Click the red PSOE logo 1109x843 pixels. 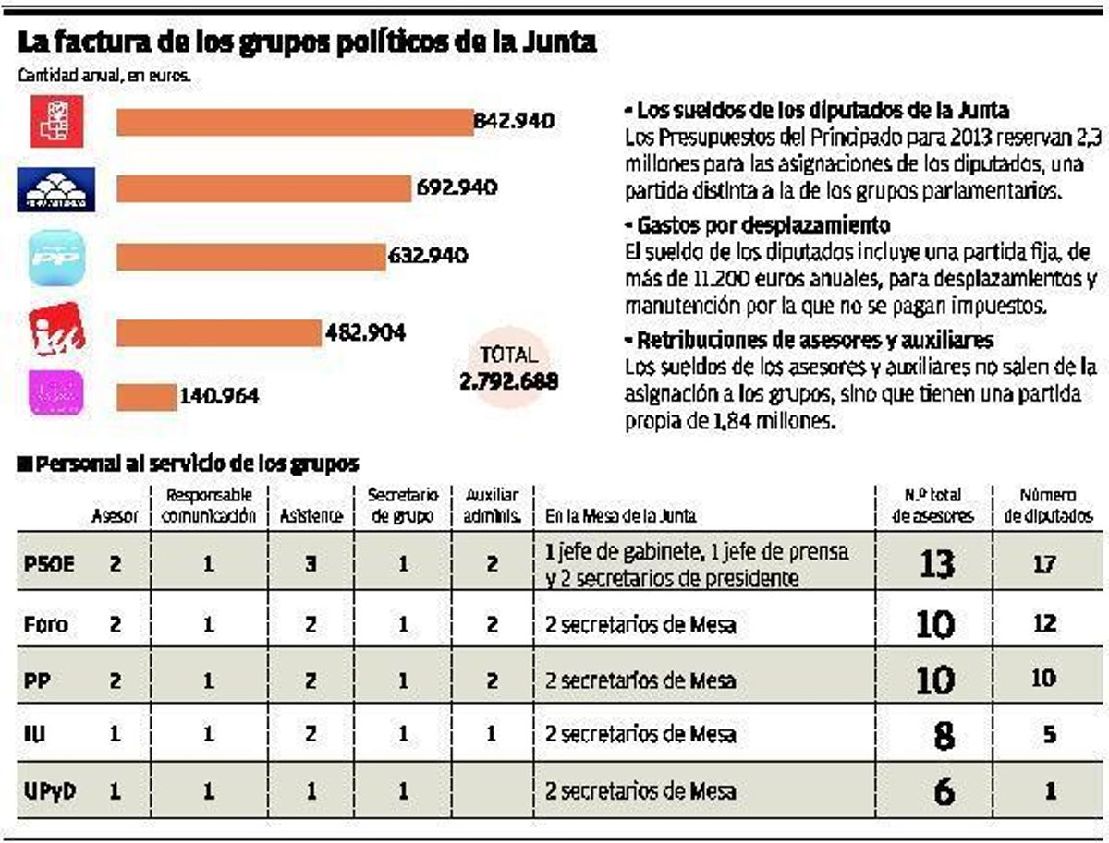57,122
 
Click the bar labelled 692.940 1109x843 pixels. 263,189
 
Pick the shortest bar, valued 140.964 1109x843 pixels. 146,397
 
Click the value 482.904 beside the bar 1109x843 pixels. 365,332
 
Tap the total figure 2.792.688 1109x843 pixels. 508,379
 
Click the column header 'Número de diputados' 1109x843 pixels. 1048,505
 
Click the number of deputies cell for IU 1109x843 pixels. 1046,735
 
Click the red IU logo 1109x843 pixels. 57,328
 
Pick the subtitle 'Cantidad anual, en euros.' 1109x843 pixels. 104,77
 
